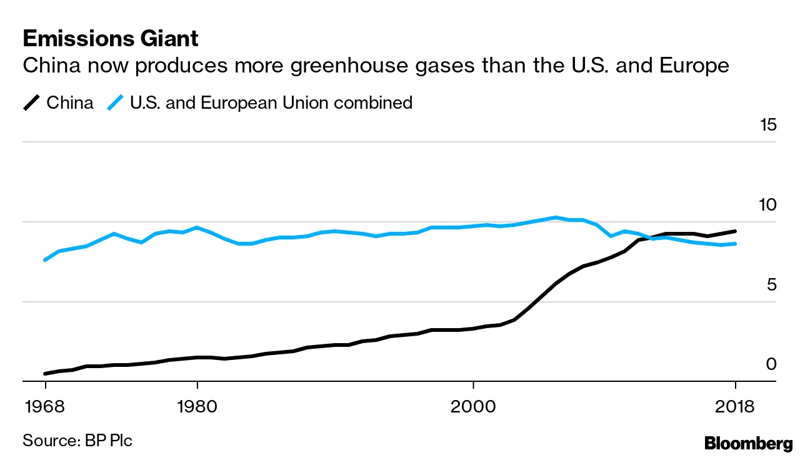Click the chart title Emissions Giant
click(x=111, y=39)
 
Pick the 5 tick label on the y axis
click(x=772, y=285)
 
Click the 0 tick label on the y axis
click(x=772, y=364)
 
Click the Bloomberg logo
click(x=748, y=444)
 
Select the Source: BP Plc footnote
click(x=77, y=440)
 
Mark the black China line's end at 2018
click(x=735, y=231)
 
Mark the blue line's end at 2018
click(x=735, y=244)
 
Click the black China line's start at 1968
click(x=45, y=374)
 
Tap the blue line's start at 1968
click(x=45, y=260)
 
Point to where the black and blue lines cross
click(x=652, y=238)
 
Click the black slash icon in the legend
click(x=32, y=102)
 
